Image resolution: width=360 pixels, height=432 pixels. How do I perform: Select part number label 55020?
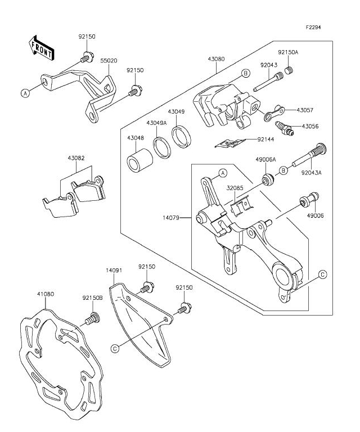click(x=109, y=59)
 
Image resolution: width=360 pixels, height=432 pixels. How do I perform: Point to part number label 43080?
click(x=216, y=59)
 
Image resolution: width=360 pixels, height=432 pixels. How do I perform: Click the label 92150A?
click(x=287, y=52)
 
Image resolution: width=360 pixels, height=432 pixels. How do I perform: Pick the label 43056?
click(x=310, y=127)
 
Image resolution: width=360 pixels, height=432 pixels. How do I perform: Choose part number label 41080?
click(x=46, y=294)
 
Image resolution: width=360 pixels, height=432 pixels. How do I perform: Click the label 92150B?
click(x=91, y=298)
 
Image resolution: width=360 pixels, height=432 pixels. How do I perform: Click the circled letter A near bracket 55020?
click(x=25, y=94)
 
